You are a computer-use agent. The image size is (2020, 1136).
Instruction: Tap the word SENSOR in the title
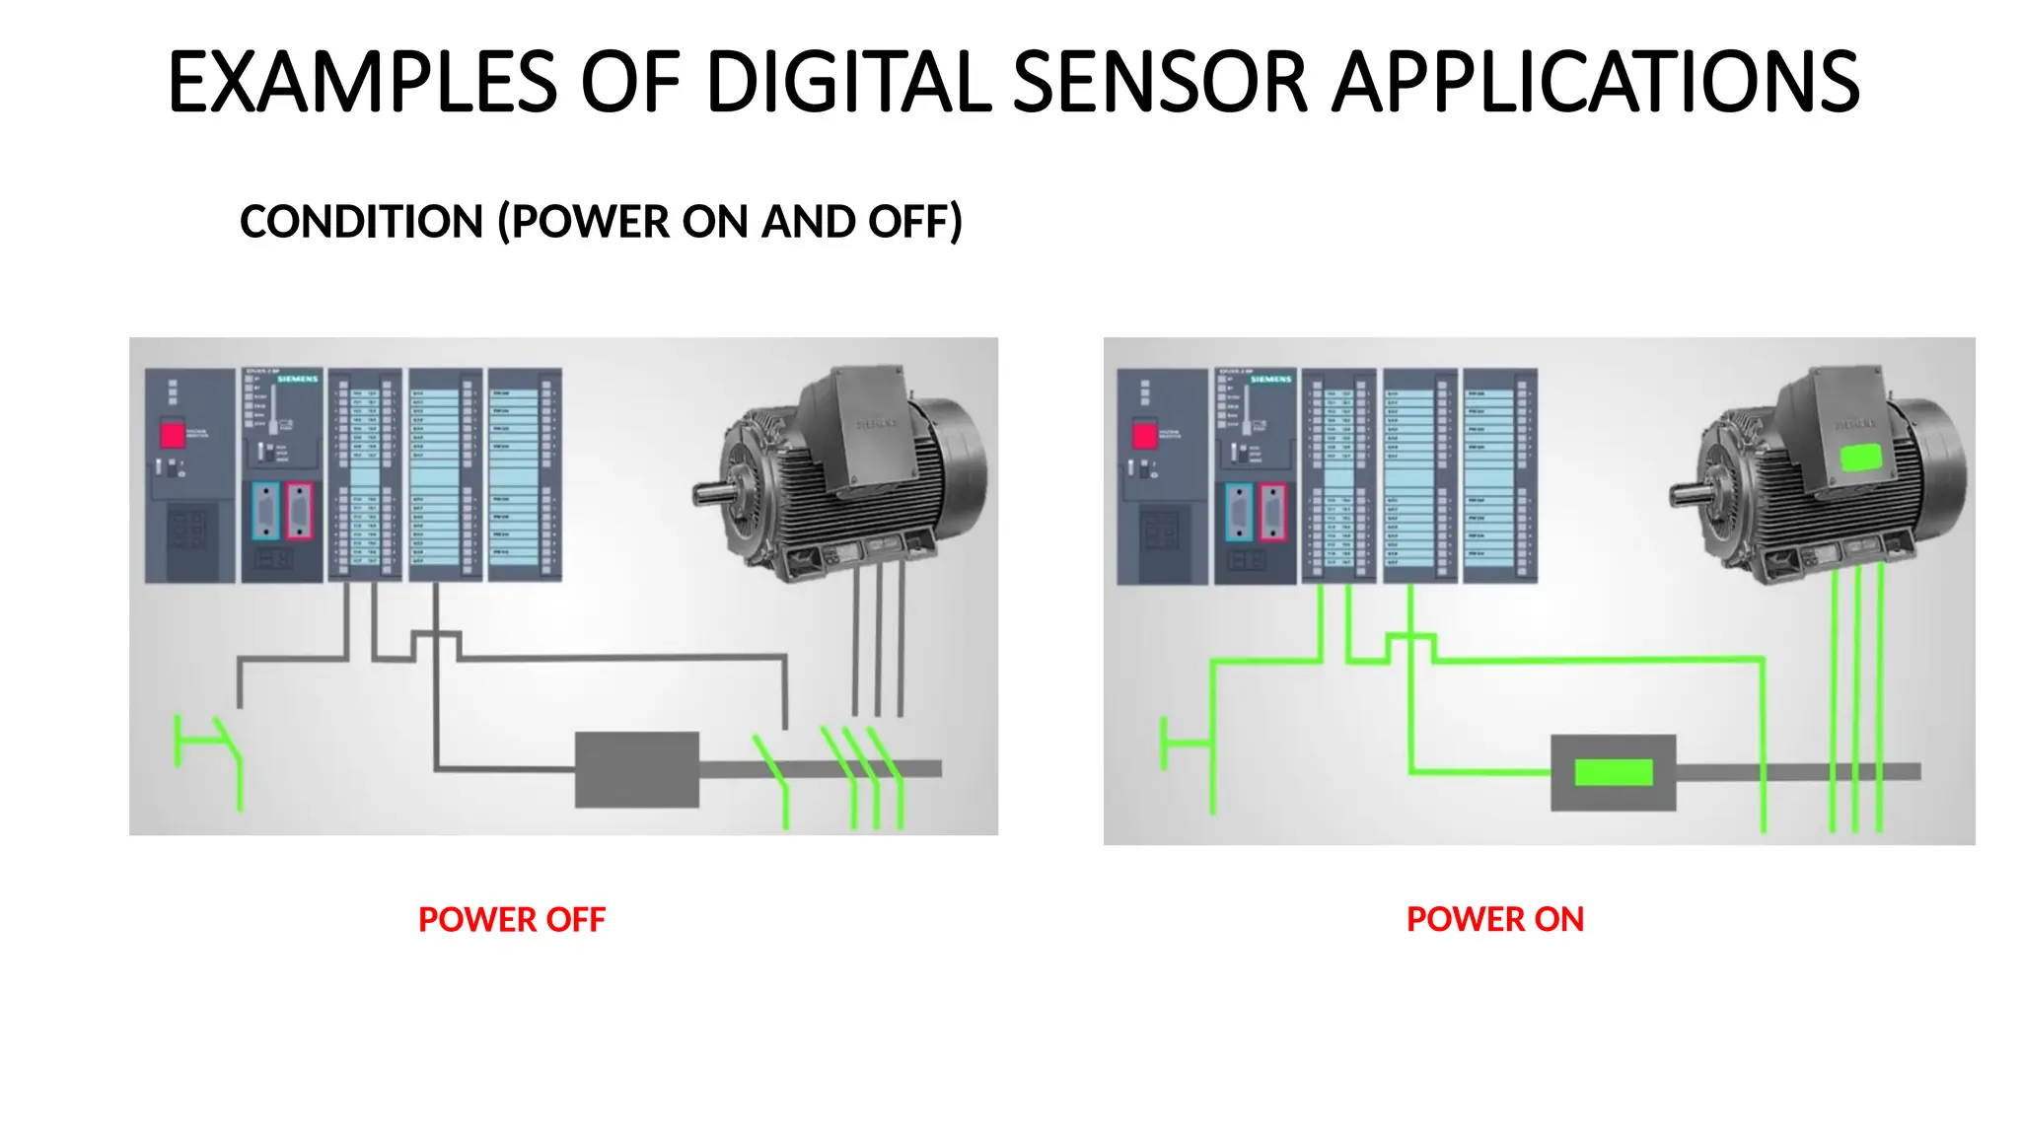point(1160,82)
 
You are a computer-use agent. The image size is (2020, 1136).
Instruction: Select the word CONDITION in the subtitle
point(361,222)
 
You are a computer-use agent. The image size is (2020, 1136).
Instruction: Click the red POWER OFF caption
point(511,919)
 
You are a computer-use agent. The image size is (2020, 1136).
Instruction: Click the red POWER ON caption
point(1494,919)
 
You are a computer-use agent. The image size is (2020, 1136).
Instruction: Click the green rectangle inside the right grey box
point(1614,772)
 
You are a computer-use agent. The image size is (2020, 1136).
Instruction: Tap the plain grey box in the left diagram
point(637,769)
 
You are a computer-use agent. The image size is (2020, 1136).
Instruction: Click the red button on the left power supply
point(173,435)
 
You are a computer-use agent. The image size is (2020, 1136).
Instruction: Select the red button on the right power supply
point(1144,435)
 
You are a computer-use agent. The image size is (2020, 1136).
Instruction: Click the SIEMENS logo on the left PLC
point(297,379)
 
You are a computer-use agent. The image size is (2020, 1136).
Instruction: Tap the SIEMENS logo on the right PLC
point(1270,379)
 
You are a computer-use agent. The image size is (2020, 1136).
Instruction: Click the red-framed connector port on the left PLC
point(300,511)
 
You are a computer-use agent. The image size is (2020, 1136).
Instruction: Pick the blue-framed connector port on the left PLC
point(265,511)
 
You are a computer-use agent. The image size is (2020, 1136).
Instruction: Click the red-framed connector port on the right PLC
point(1272,512)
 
